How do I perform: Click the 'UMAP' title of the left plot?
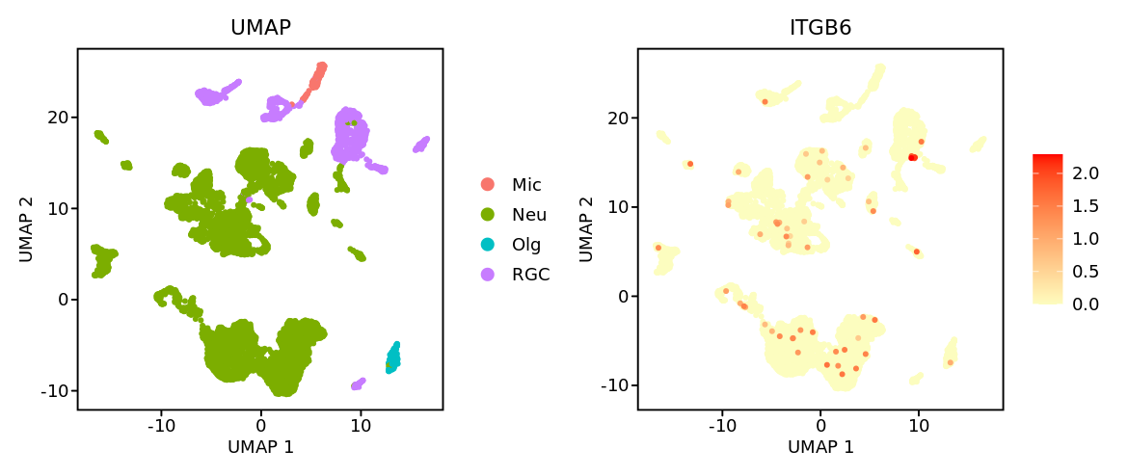coord(260,28)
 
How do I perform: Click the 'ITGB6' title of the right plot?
coord(819,28)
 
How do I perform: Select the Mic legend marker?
coord(488,184)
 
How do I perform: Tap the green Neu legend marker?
coord(488,214)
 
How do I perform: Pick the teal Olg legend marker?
coord(488,245)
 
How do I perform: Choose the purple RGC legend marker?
coord(488,275)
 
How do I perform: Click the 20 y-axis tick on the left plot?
coord(59,117)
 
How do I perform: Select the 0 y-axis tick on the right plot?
coord(620,296)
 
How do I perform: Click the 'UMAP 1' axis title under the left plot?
coord(260,447)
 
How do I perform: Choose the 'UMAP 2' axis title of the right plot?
coord(586,229)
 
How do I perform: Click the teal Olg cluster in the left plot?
coord(393,356)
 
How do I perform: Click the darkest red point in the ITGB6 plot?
coord(912,157)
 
